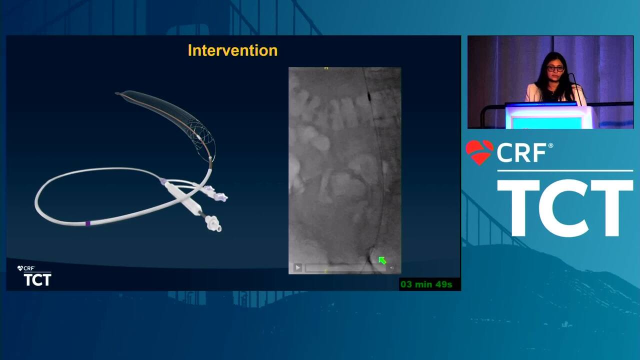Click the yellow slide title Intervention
(x=232, y=50)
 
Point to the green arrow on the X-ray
(x=382, y=260)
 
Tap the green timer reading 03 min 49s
(x=426, y=284)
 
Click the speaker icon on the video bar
(x=391, y=268)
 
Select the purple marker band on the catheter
(x=87, y=223)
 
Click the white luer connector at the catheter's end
(x=213, y=223)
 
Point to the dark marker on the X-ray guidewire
(x=368, y=97)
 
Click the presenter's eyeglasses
(x=555, y=68)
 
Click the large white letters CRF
(x=521, y=153)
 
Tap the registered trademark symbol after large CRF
(x=550, y=145)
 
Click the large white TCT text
(x=565, y=208)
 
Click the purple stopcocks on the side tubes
(x=215, y=193)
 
